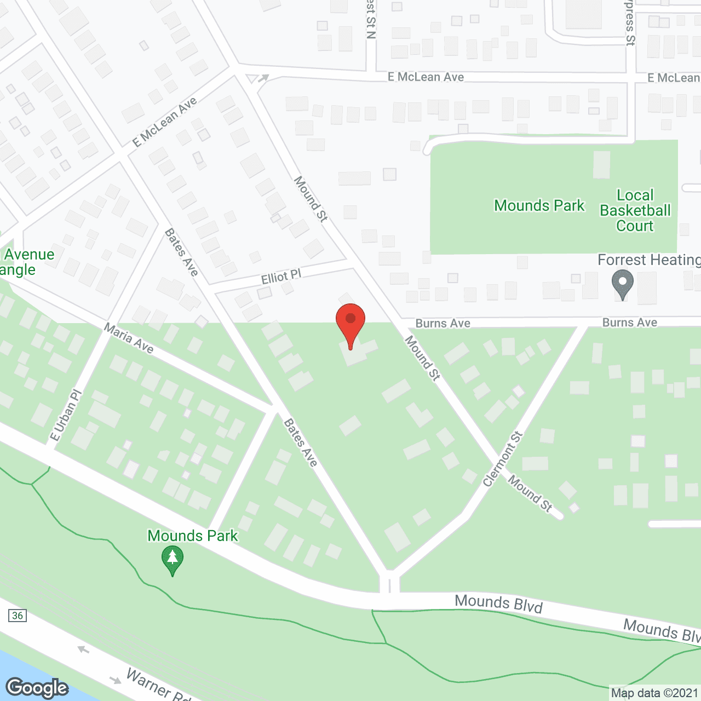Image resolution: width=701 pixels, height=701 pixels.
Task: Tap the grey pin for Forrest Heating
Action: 622,283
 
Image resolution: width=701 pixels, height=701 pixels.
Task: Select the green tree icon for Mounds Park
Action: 173,560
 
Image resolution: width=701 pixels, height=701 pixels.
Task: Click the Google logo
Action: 37,688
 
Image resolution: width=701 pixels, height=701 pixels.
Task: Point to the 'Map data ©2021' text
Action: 654,693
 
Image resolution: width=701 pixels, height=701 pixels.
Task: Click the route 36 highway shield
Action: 18,616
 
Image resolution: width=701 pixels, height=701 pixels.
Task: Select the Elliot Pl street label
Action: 281,277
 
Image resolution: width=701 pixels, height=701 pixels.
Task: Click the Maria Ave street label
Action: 129,338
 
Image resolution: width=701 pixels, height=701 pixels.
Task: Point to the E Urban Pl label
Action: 65,415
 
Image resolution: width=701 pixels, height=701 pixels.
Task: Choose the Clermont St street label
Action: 503,459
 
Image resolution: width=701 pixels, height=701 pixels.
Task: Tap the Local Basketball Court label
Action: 635,211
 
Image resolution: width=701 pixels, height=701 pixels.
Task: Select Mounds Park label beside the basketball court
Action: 539,205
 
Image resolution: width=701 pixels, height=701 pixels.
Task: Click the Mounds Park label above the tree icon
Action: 193,536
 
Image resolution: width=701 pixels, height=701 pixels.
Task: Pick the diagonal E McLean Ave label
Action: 165,122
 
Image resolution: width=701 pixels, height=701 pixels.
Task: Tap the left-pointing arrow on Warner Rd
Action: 83,650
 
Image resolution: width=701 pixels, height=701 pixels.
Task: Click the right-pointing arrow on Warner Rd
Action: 116,680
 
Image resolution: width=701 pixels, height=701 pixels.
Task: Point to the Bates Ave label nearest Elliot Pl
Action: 181,252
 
